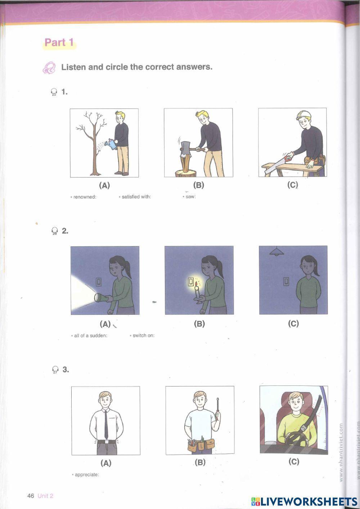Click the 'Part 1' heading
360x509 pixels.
[x=59, y=43]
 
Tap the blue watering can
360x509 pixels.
[x=113, y=144]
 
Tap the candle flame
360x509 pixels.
[x=196, y=283]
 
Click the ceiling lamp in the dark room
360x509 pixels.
[x=276, y=253]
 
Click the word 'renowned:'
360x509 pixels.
[x=85, y=197]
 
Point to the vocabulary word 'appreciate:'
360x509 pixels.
[x=86, y=474]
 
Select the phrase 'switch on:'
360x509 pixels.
[x=143, y=335]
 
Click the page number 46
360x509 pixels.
[x=31, y=496]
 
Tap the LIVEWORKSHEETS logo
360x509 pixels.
[x=304, y=501]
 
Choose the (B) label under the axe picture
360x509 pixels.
[x=199, y=185]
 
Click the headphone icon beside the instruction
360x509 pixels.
[x=49, y=68]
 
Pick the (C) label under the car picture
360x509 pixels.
[x=294, y=461]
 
